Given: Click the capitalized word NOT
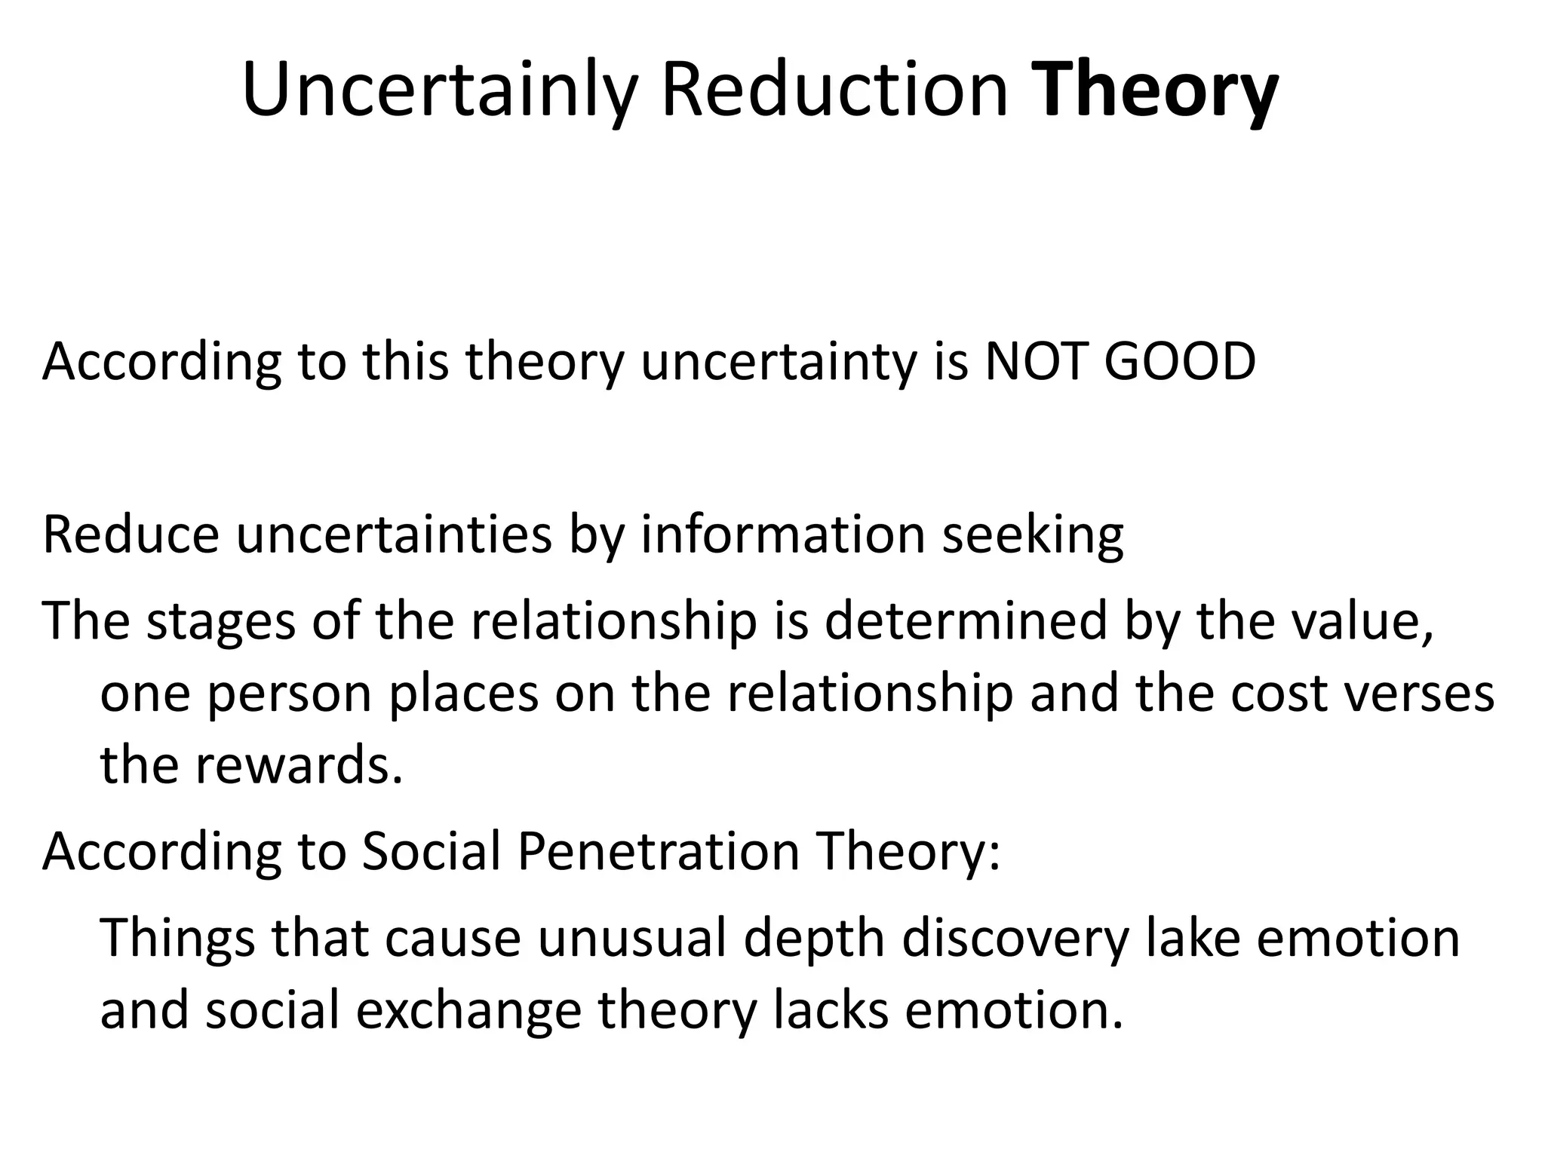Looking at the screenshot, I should pos(1037,362).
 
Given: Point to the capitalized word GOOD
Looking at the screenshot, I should pos(1180,362).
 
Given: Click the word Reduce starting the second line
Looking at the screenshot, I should pos(131,535).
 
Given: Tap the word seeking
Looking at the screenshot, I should pos(1033,535).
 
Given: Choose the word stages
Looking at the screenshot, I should pos(221,621).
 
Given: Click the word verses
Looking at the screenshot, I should pos(1418,694).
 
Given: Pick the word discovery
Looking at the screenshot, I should pos(1015,939).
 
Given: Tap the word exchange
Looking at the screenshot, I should pos(468,1010).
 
